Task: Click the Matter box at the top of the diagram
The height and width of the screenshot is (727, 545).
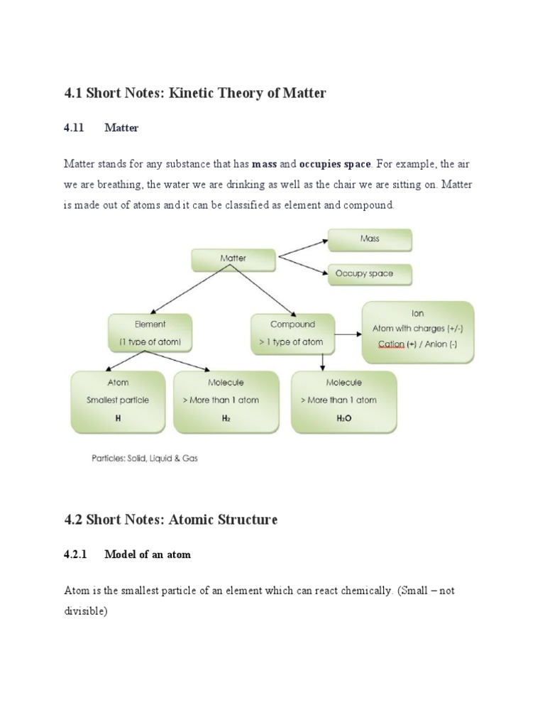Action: tap(233, 259)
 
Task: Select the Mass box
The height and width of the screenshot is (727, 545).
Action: tap(369, 239)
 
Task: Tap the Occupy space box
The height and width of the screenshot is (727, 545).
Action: tap(369, 273)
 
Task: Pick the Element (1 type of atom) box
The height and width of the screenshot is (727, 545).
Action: tap(150, 333)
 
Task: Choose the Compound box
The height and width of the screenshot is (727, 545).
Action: tap(292, 333)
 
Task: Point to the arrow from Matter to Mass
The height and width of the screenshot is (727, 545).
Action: tap(301, 247)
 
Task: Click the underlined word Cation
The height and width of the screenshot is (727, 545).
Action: tap(391, 344)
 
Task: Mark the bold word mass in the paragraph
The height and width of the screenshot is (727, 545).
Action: tap(264, 164)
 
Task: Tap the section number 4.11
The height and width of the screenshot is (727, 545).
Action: tap(74, 128)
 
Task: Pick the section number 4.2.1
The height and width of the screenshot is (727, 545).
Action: tap(76, 554)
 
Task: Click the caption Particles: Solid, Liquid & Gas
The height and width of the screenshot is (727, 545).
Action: tap(145, 458)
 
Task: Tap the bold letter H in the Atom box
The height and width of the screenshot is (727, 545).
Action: tap(118, 419)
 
